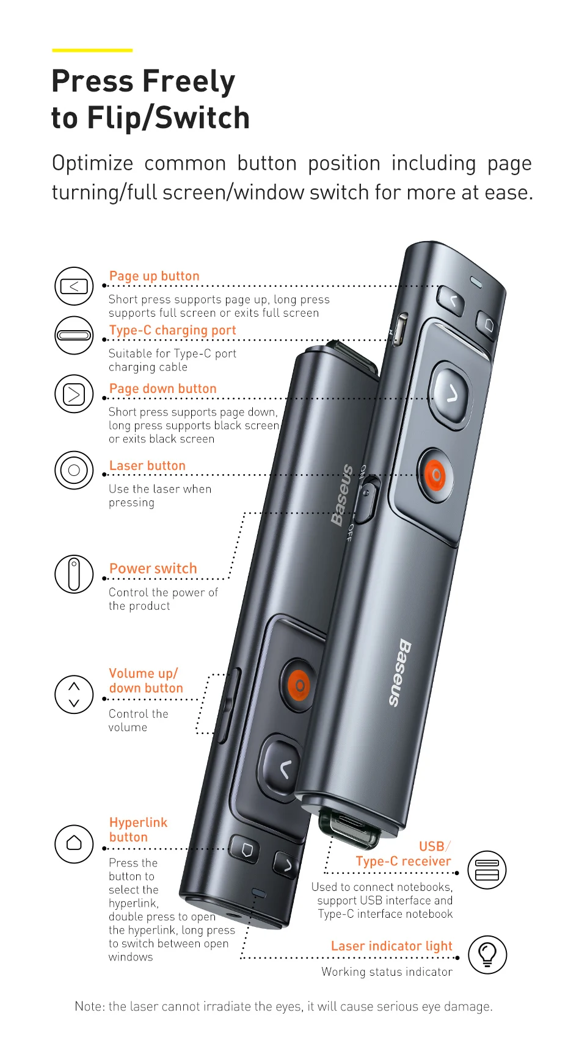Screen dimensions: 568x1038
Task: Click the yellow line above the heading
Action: [x=92, y=50]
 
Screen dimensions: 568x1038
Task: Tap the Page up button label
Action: [x=155, y=276]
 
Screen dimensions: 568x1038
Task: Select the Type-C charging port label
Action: [x=172, y=330]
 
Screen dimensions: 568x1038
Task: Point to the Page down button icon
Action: [x=74, y=394]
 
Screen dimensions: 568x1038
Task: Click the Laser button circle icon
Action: [x=74, y=470]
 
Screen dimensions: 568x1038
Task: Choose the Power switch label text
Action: [x=153, y=568]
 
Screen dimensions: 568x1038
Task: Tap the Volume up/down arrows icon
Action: [x=74, y=694]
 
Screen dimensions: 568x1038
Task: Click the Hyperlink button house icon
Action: [x=74, y=844]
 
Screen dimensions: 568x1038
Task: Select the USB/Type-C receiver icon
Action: [x=487, y=870]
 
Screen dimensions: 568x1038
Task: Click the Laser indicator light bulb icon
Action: [x=487, y=954]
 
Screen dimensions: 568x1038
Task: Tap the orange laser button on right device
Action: [x=435, y=475]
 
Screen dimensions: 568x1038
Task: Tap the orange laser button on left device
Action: [x=299, y=685]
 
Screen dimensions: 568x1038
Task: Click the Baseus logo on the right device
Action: [x=399, y=673]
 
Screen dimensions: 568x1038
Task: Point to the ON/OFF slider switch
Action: [x=366, y=500]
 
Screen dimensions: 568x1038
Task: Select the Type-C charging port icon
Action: [x=74, y=336]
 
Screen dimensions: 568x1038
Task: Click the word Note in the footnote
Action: [x=90, y=1006]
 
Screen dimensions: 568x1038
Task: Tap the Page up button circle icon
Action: [x=74, y=286]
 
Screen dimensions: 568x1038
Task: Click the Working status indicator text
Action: [x=387, y=971]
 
